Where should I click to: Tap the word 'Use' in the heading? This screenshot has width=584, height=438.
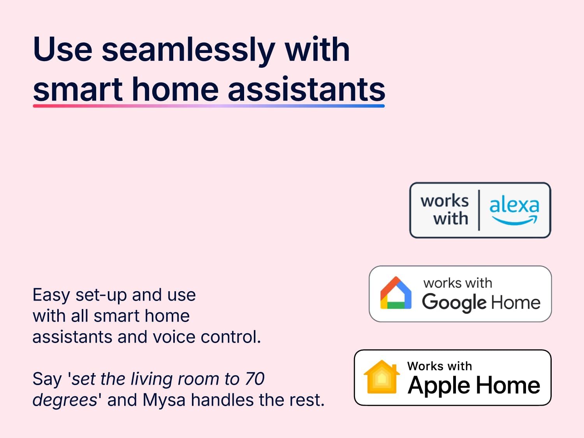[63, 49]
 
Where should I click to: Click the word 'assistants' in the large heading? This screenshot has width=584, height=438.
[306, 89]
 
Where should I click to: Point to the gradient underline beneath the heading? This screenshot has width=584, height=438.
[209, 106]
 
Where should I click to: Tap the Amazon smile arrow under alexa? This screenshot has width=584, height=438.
[515, 220]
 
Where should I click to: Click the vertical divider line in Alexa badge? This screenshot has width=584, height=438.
[479, 210]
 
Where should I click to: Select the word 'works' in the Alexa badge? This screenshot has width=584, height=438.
[445, 201]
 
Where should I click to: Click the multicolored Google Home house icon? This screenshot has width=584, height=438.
[396, 293]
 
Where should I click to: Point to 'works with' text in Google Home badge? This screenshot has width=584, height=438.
[458, 283]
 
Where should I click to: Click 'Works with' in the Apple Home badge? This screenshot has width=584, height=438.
[440, 366]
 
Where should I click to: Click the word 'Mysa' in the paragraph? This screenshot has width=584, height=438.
[164, 400]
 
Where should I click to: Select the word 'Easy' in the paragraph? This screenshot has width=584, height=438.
[51, 296]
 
